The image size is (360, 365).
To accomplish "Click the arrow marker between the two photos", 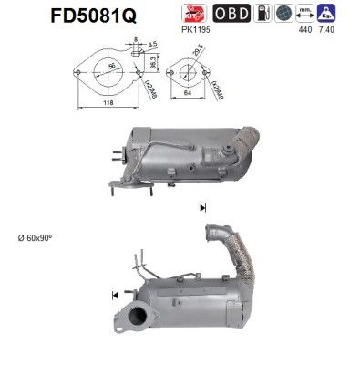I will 201,209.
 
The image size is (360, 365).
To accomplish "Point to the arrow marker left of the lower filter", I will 115,295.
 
